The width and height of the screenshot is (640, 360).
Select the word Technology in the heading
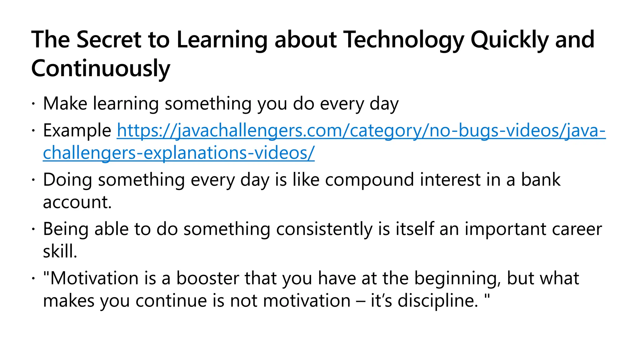(403, 40)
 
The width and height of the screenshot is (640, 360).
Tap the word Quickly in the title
(509, 40)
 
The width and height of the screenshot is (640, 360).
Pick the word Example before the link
(77, 130)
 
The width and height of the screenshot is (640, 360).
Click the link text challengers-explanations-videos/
(179, 153)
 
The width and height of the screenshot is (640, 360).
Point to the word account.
(77, 202)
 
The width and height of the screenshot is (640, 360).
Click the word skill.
(60, 251)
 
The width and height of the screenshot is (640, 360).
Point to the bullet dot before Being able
(33, 229)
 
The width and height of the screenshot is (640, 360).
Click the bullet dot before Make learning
(33, 104)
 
